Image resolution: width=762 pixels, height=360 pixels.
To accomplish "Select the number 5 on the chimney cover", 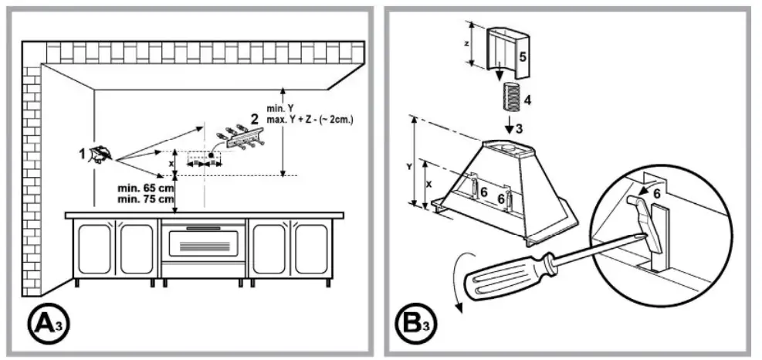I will point(521,57).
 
